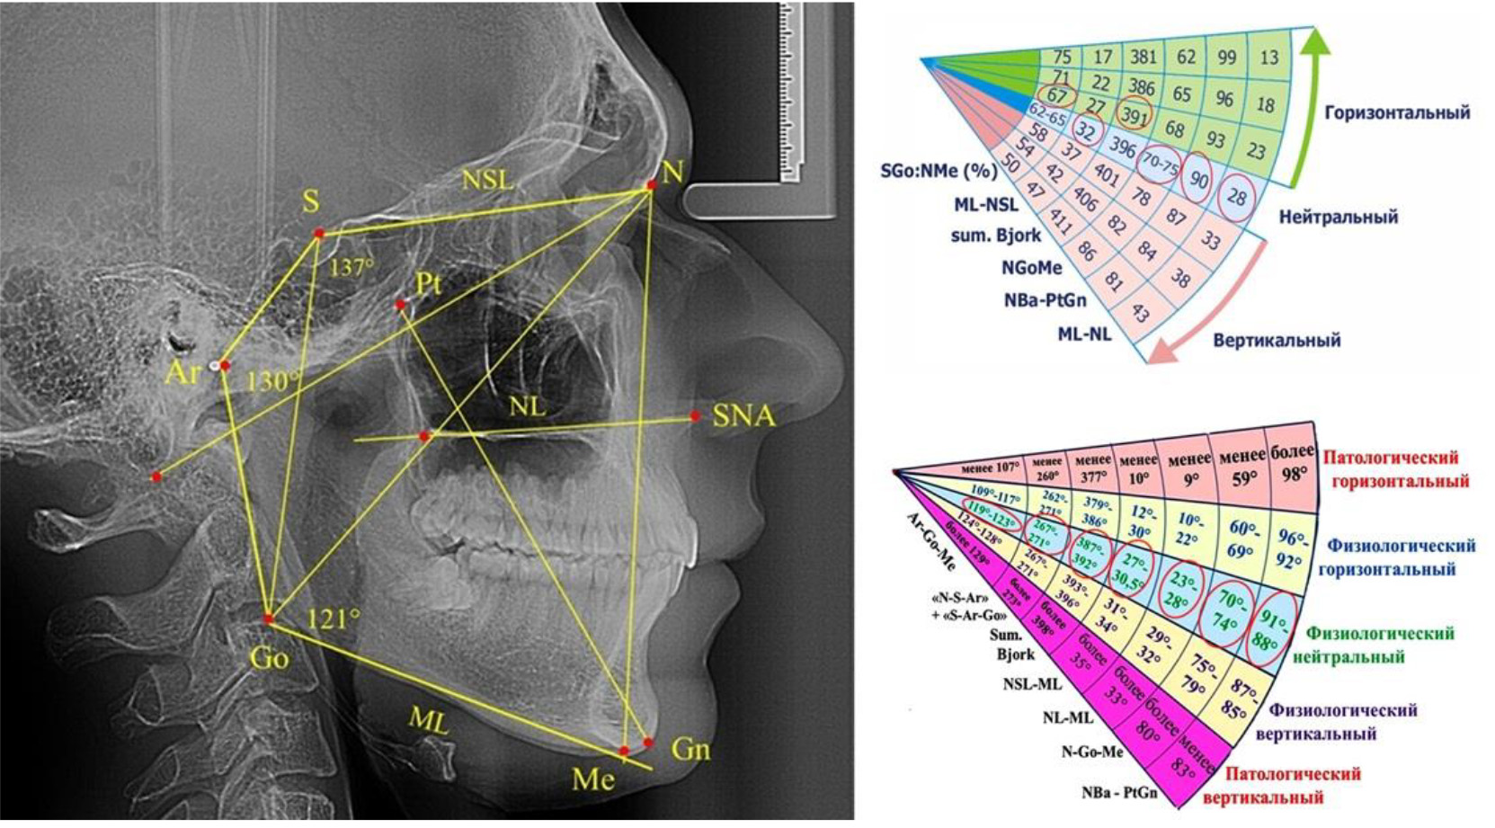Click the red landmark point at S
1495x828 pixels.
tap(318, 234)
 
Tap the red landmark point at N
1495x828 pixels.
tap(652, 186)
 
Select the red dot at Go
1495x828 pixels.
tap(268, 619)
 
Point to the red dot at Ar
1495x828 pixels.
tap(225, 366)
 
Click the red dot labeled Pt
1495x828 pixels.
tap(401, 306)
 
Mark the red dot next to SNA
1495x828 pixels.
tap(695, 416)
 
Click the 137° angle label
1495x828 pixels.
tap(351, 268)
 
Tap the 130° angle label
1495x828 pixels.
tap(272, 381)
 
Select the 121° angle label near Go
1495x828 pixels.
tap(334, 619)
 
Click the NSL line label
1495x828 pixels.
tap(487, 180)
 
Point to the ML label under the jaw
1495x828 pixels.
tap(429, 719)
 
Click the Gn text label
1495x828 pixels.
tap(690, 749)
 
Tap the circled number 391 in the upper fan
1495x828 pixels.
tap(1135, 114)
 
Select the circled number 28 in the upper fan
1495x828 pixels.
tap(1237, 198)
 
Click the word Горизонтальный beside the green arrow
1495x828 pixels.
tap(1397, 112)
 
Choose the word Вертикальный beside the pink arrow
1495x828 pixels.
tap(1277, 340)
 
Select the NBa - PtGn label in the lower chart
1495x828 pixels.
tap(1119, 794)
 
